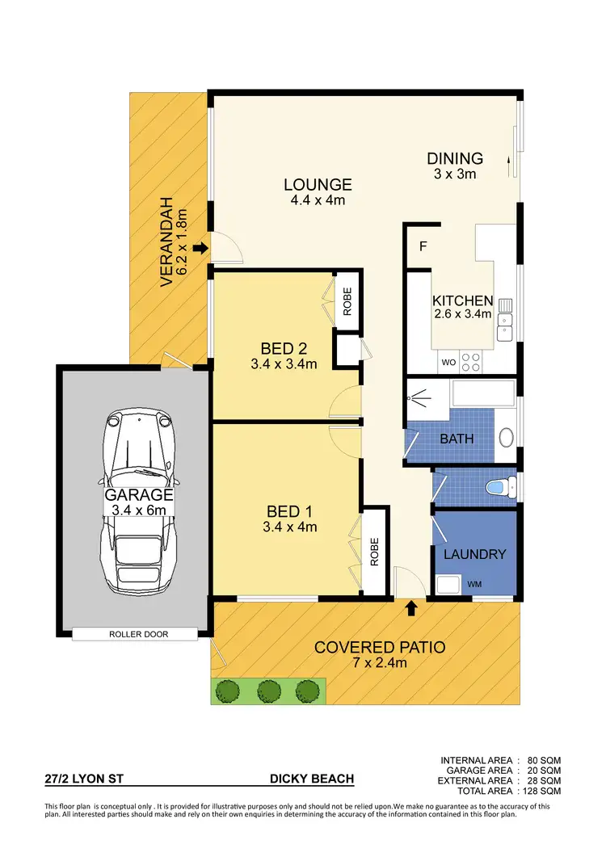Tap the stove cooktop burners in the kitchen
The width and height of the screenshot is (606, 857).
pyautogui.click(x=471, y=361)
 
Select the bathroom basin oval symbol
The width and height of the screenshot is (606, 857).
pyautogui.click(x=507, y=438)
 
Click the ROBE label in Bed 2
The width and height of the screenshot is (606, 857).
pyautogui.click(x=347, y=301)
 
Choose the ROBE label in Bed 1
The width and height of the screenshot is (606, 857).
pyautogui.click(x=374, y=552)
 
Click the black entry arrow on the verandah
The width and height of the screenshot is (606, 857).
pyautogui.click(x=200, y=248)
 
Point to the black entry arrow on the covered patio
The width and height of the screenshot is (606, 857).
pyautogui.click(x=412, y=608)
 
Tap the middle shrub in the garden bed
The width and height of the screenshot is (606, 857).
pyautogui.click(x=269, y=690)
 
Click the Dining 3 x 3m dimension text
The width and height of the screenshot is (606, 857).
pyautogui.click(x=455, y=174)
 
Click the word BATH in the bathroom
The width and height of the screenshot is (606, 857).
pyautogui.click(x=457, y=439)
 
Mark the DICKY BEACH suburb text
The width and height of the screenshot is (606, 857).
pyautogui.click(x=311, y=779)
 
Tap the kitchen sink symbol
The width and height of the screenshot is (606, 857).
pyautogui.click(x=507, y=317)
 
